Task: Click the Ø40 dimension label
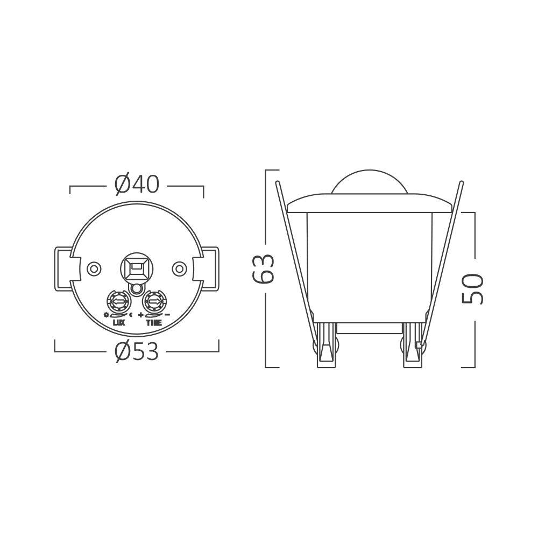pos(137,185)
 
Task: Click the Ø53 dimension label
pos(137,352)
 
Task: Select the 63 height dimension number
pos(264,268)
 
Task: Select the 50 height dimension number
pos(473,288)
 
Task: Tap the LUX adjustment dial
pos(118,300)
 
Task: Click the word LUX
pos(119,323)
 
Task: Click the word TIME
pos(154,323)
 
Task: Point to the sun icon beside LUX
pos(107,314)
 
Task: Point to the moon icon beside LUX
pos(131,314)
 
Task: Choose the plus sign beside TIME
pos(141,314)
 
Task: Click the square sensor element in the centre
pos(136,266)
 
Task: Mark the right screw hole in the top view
pos(179,267)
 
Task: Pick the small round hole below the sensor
pos(136,289)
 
